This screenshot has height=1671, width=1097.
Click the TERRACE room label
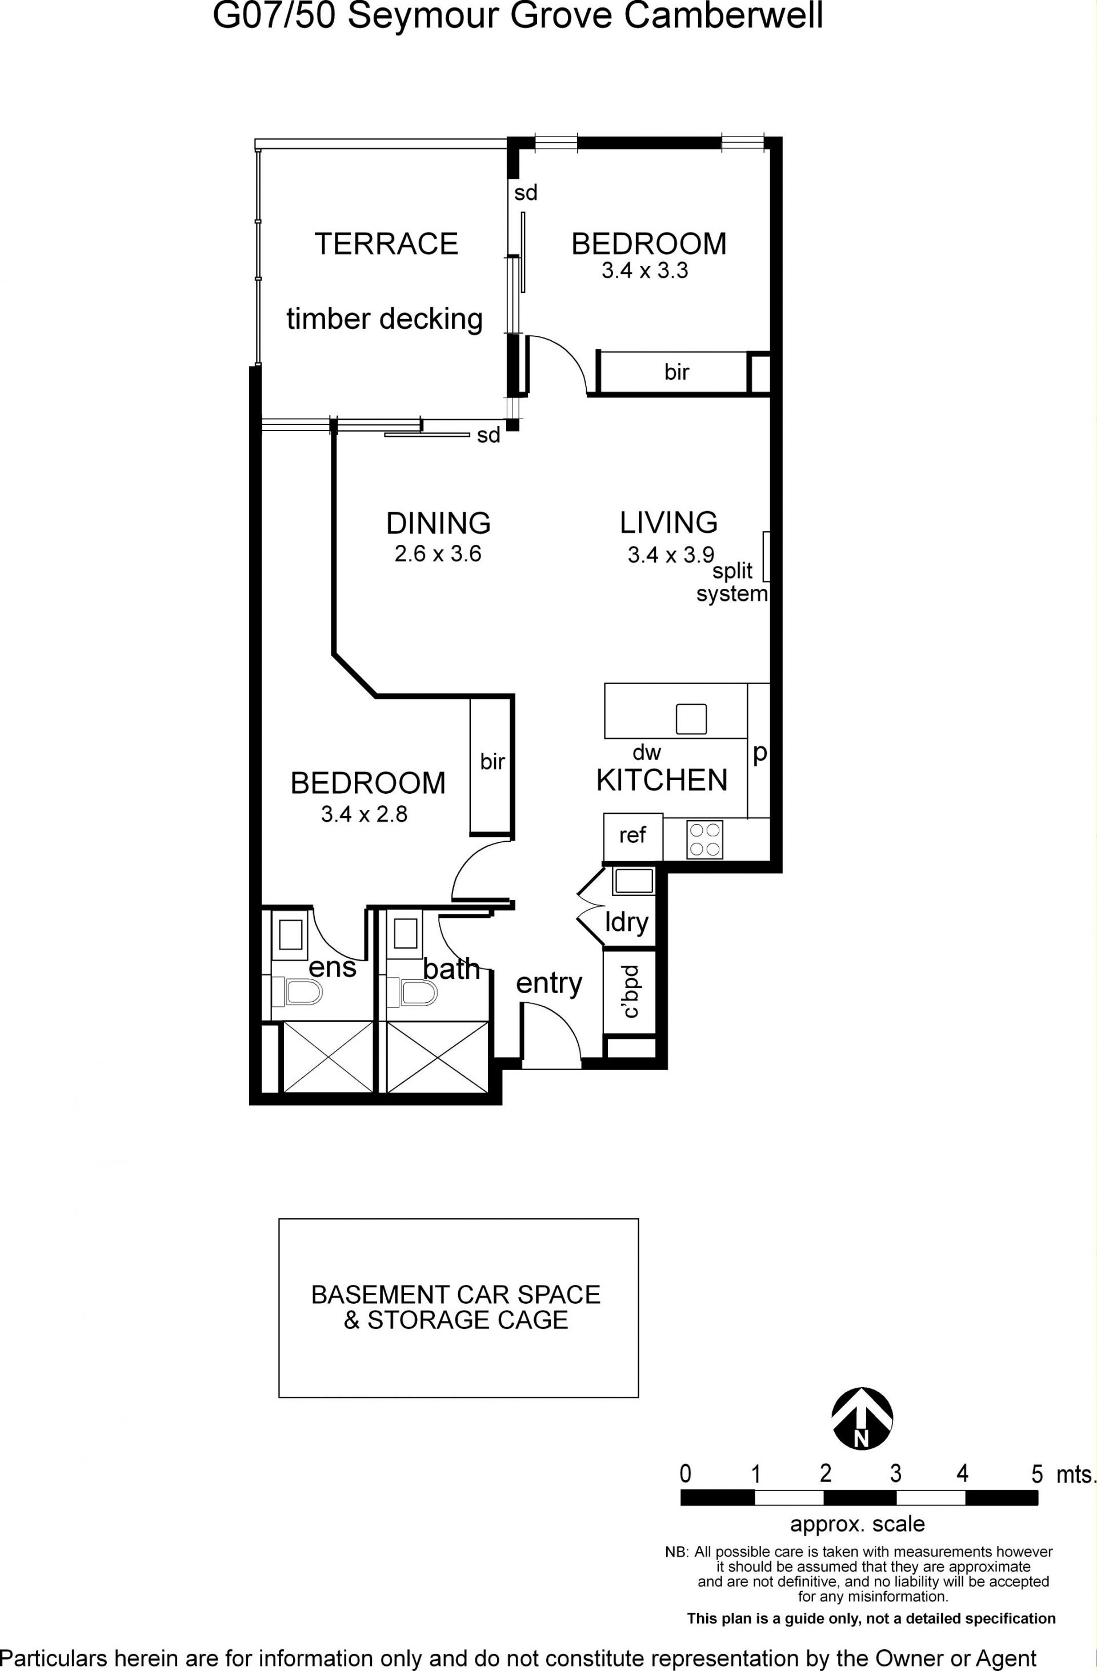[x=386, y=244]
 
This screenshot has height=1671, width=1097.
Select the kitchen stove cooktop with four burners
[x=704, y=839]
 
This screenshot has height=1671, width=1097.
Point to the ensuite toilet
[x=297, y=992]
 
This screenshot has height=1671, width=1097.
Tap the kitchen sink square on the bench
[x=691, y=719]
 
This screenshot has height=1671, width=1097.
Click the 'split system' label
[x=732, y=582]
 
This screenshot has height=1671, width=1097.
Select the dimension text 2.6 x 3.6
[x=438, y=554]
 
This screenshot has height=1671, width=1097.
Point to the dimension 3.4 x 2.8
[x=364, y=814]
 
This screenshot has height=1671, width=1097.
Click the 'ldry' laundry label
[x=626, y=922]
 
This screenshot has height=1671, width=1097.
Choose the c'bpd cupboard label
[x=631, y=992]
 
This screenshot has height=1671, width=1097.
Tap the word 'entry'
[x=549, y=983]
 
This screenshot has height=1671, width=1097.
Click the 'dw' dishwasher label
[x=647, y=753]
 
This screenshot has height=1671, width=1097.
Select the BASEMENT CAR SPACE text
[x=456, y=1295]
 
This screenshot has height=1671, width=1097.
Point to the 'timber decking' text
[x=385, y=319]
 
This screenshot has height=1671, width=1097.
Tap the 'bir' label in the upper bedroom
[x=677, y=372]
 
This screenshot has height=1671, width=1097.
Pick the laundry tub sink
[x=634, y=881]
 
